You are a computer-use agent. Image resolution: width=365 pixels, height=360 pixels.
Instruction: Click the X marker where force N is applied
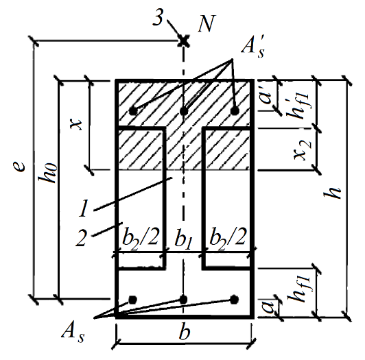(x=184, y=41)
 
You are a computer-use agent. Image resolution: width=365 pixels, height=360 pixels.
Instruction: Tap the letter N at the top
(x=207, y=23)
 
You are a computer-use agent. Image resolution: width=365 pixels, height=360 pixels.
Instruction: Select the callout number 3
(x=158, y=18)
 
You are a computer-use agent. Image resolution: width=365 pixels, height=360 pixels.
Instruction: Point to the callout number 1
(x=84, y=208)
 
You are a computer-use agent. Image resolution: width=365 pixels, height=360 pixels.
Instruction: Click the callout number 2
(x=81, y=237)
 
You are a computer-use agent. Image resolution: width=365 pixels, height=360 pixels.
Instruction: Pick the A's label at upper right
(x=253, y=48)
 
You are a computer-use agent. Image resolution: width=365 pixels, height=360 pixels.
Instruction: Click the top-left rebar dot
(x=133, y=111)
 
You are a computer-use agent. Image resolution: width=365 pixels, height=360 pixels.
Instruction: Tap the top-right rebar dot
(x=235, y=110)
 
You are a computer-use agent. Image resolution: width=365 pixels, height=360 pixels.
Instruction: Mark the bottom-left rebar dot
(x=132, y=300)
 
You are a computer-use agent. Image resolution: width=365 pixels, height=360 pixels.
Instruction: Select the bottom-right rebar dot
(x=234, y=300)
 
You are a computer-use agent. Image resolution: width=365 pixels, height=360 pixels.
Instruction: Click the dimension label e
(x=19, y=167)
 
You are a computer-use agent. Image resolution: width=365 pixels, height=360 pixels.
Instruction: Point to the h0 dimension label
(x=47, y=173)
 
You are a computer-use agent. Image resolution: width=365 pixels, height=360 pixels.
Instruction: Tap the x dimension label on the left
(x=76, y=124)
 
